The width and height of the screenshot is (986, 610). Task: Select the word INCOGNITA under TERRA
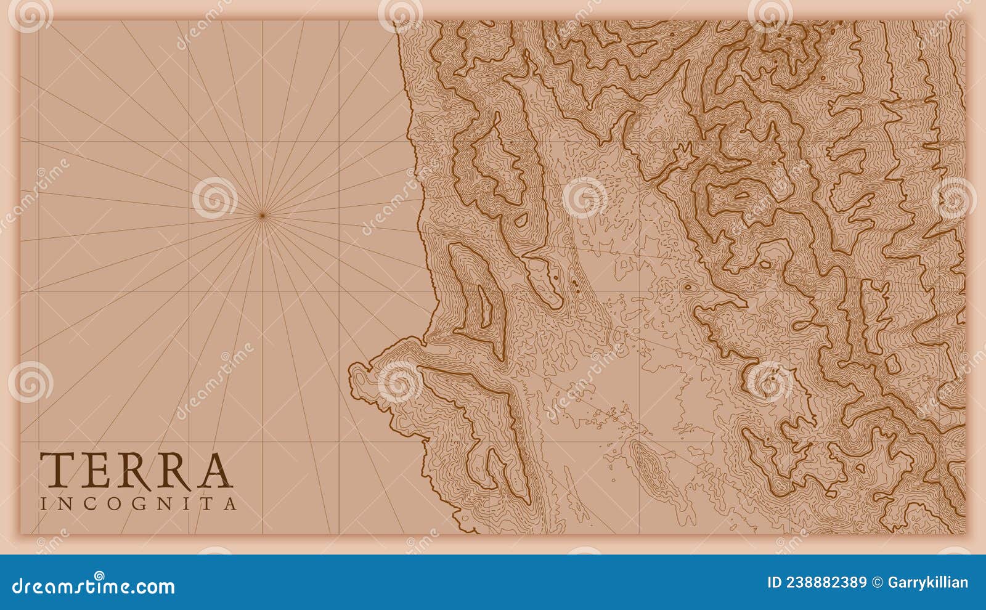[x=139, y=504]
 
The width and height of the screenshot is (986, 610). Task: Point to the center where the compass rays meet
[x=262, y=215]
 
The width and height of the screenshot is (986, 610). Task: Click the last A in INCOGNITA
[x=230, y=504]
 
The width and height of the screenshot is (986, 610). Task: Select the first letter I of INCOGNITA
[x=43, y=504]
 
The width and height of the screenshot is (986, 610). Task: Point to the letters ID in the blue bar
[x=774, y=583]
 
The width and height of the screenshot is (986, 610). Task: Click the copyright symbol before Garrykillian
[x=877, y=583]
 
